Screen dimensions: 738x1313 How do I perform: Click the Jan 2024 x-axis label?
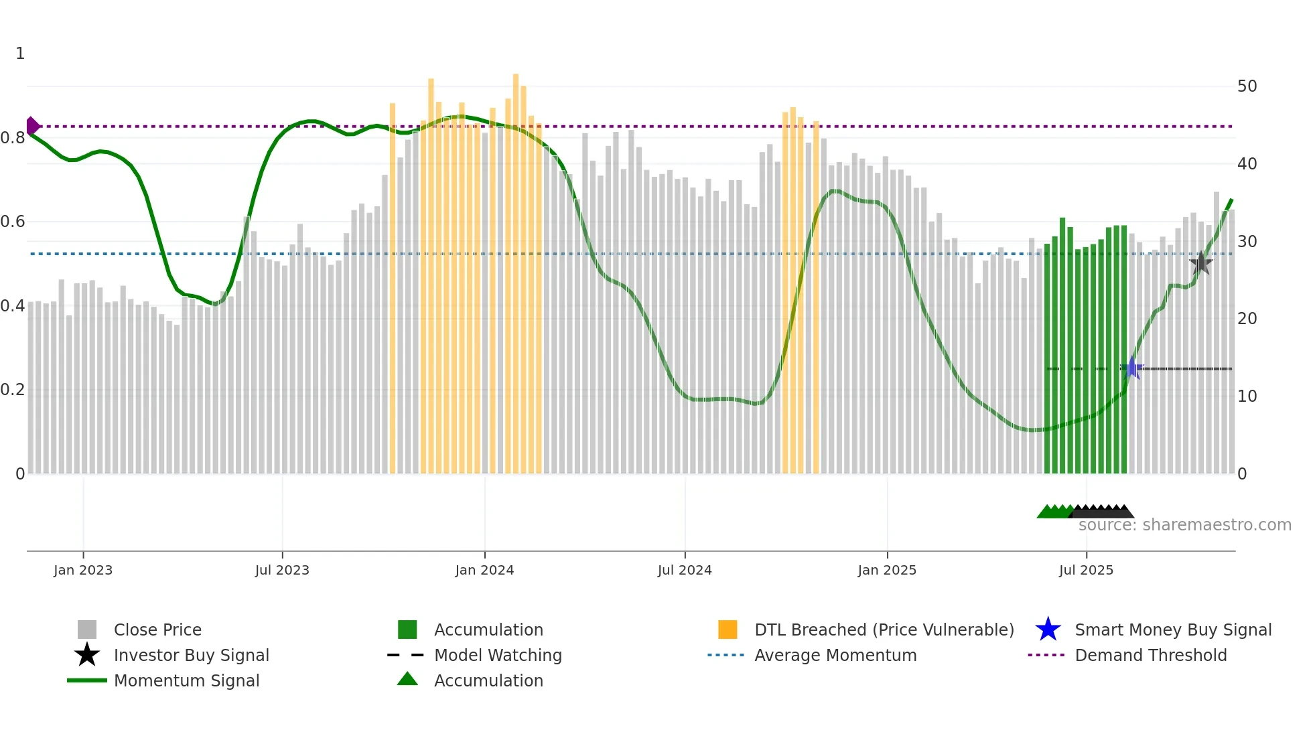[x=484, y=570]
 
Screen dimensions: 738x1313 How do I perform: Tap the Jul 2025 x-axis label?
[x=1086, y=570]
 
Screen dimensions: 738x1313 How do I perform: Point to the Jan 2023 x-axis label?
[x=83, y=570]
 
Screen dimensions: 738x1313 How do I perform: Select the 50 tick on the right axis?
[x=1247, y=86]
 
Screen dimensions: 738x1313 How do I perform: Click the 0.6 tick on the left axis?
[x=13, y=222]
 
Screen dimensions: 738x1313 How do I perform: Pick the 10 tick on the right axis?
[x=1247, y=396]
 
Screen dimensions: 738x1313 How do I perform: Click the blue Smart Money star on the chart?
[x=1132, y=368]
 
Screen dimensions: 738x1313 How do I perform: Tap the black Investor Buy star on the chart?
[x=1200, y=263]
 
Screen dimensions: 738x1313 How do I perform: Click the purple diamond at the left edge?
[x=32, y=126]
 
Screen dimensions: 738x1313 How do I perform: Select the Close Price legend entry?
[x=157, y=630]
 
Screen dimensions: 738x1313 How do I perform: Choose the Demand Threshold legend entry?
[x=1150, y=655]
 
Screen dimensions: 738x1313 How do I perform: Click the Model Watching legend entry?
[x=498, y=655]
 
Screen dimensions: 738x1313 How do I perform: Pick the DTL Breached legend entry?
[x=884, y=630]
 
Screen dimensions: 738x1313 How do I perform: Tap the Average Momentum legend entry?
[x=835, y=655]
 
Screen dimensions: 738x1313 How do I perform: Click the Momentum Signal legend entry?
[x=186, y=680]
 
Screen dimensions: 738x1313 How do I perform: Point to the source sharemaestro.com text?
[x=1184, y=525]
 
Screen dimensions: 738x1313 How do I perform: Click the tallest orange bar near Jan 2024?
[x=516, y=268]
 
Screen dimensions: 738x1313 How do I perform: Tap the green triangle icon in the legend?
[x=407, y=679]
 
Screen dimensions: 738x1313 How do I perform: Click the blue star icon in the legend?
[x=1048, y=630]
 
